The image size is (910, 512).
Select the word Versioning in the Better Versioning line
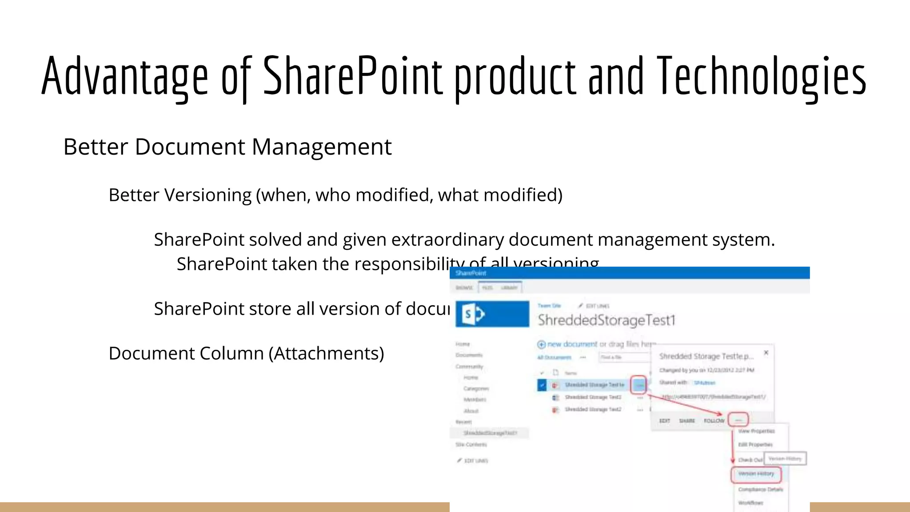coord(208,195)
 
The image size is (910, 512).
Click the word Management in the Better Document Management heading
coord(322,147)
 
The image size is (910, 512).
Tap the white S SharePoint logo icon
coord(473,315)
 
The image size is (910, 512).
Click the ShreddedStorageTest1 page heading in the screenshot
coord(606,320)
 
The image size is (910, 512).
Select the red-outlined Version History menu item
coord(756,474)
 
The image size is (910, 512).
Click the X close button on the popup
coord(766,352)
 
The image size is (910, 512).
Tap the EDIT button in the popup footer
coord(665,420)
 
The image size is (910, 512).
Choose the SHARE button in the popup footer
coord(687,420)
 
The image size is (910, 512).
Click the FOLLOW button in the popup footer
coord(714,420)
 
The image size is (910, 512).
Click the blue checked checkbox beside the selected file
coord(542,385)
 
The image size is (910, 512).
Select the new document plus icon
coord(541,344)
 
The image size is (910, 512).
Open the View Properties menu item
coord(756,431)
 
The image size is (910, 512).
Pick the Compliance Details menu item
coord(760,489)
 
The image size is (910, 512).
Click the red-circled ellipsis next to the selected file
coord(639,385)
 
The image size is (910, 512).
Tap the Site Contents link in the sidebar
coord(471,444)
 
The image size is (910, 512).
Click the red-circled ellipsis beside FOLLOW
coord(738,420)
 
